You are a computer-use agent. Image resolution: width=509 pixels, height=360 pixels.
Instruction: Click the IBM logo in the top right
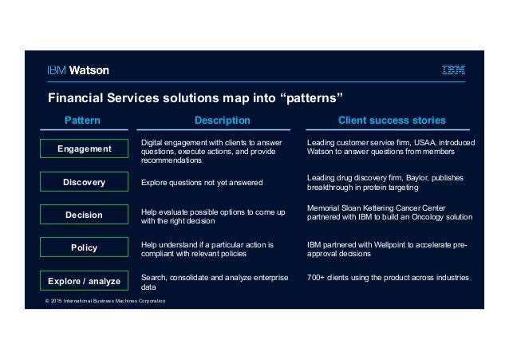click(x=454, y=70)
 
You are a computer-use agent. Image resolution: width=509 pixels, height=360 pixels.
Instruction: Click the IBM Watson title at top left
click(x=77, y=70)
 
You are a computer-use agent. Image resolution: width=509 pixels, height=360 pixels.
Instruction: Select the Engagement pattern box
click(x=85, y=149)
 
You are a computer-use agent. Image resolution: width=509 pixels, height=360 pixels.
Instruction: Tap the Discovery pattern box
click(x=85, y=182)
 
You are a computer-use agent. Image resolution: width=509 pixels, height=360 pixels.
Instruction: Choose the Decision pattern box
click(x=85, y=215)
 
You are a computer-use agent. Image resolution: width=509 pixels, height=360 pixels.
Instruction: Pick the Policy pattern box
click(x=85, y=247)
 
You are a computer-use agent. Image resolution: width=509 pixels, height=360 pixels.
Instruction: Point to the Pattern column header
click(x=82, y=121)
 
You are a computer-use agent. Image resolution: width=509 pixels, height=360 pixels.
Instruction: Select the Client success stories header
click(x=392, y=121)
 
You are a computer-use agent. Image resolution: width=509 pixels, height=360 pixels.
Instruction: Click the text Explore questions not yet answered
click(x=201, y=183)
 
